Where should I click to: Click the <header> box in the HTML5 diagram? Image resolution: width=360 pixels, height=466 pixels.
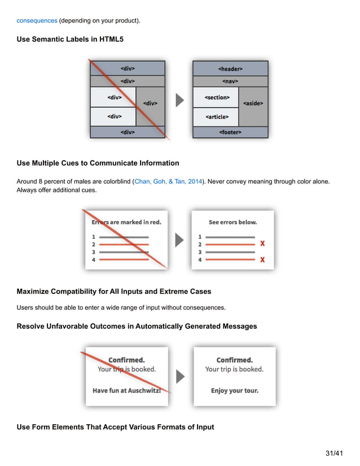coord(230,69)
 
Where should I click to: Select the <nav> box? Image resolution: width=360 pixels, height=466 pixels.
coord(230,81)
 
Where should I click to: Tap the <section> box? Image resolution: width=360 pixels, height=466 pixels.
coord(217,98)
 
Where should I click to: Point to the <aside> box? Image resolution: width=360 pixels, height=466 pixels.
coord(253,104)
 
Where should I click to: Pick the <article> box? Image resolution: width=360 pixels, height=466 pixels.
coord(217,117)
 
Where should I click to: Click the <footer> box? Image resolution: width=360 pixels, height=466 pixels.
coord(230,132)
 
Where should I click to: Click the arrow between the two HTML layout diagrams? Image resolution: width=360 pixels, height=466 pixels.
coord(180,100)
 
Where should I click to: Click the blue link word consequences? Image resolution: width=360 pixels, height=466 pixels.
coord(37,20)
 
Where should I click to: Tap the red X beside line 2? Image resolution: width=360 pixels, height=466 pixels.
coord(262,244)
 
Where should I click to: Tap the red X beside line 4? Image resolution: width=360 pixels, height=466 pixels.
coord(262,260)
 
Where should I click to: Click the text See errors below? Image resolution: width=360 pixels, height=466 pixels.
coord(232,222)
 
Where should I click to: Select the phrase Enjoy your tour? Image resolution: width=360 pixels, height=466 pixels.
coord(234,390)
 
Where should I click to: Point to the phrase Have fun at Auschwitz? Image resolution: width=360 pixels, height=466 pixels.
coord(126,390)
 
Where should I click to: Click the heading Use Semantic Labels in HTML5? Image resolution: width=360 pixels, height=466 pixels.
coord(70,39)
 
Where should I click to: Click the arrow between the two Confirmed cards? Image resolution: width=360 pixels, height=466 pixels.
coord(181,376)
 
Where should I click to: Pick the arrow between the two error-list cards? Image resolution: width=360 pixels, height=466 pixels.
coord(180,240)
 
